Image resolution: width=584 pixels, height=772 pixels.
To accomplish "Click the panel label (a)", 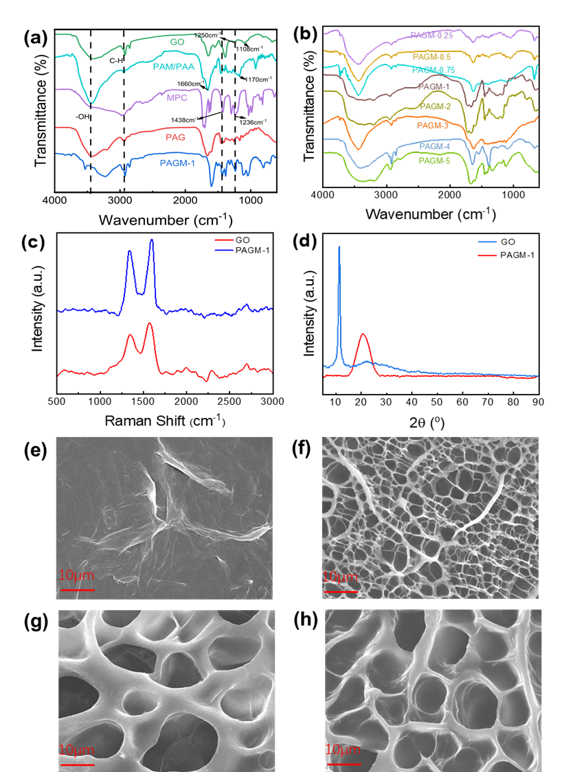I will pos(35,38).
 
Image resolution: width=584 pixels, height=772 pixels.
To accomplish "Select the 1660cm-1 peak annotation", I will pos(191,84).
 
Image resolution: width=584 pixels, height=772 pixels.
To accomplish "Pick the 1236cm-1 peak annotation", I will pos(253,122).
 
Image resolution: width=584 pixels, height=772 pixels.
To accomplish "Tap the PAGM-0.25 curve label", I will pos(431,35).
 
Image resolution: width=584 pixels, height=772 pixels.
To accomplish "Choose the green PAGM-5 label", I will pos(434,161).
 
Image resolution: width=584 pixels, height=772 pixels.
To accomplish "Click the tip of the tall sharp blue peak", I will pos(339,247).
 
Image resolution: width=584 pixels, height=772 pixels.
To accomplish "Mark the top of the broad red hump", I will pos(363,335).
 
